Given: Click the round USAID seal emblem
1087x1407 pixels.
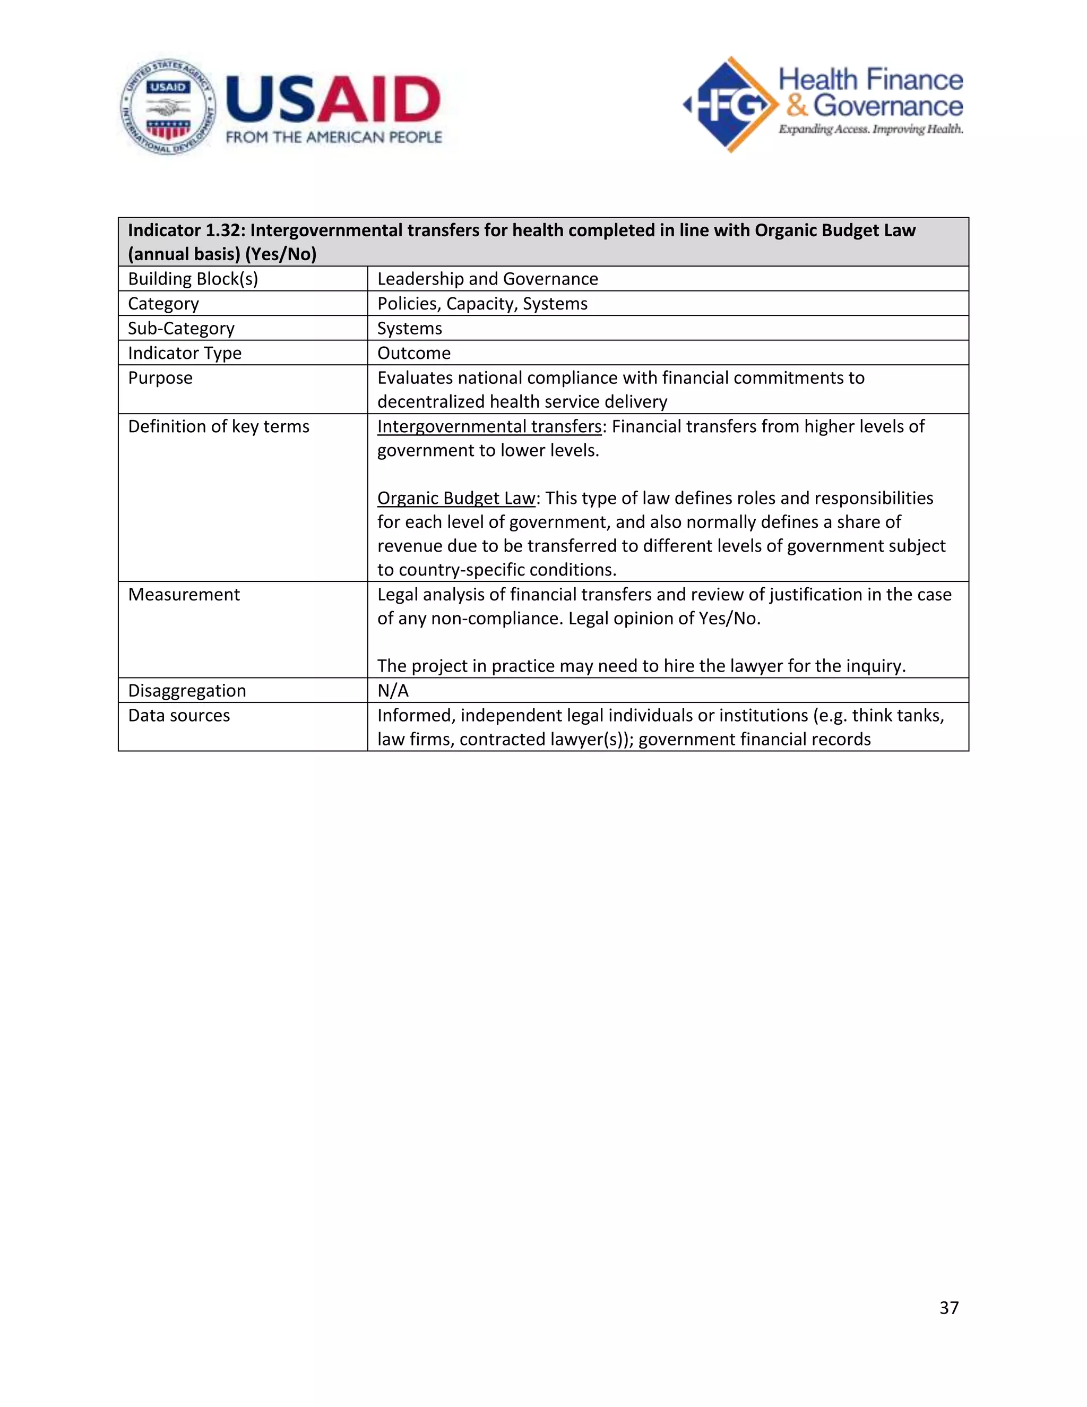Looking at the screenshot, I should click(168, 107).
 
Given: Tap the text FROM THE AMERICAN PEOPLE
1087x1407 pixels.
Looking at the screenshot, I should click(333, 137).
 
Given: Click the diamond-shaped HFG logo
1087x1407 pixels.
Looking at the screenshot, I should click(730, 105).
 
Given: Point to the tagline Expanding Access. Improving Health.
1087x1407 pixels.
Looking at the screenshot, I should click(870, 130).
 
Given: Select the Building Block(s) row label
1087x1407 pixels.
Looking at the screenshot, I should click(193, 279).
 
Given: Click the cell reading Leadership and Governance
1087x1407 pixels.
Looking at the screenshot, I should click(487, 279).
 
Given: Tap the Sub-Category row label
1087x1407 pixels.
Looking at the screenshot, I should click(181, 329).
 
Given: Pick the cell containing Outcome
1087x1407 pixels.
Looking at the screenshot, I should click(413, 353).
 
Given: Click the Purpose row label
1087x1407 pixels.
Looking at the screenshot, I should click(160, 378).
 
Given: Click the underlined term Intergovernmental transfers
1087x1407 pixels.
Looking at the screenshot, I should click(489, 426).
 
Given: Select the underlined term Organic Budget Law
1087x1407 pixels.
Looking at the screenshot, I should click(456, 498).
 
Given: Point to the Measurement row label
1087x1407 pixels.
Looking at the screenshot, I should click(184, 595).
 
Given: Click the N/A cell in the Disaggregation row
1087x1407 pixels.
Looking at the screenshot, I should click(393, 691).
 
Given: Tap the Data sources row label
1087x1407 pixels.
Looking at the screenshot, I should click(178, 716).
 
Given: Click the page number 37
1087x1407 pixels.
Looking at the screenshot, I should click(948, 1307).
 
